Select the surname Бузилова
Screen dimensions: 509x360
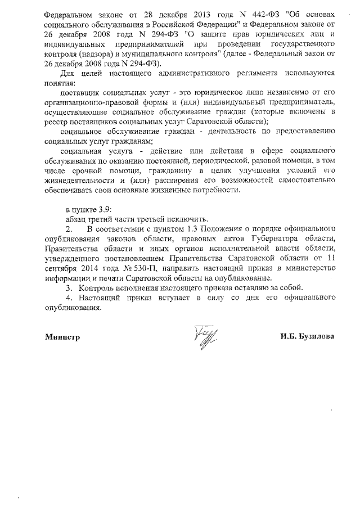point(316,337)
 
